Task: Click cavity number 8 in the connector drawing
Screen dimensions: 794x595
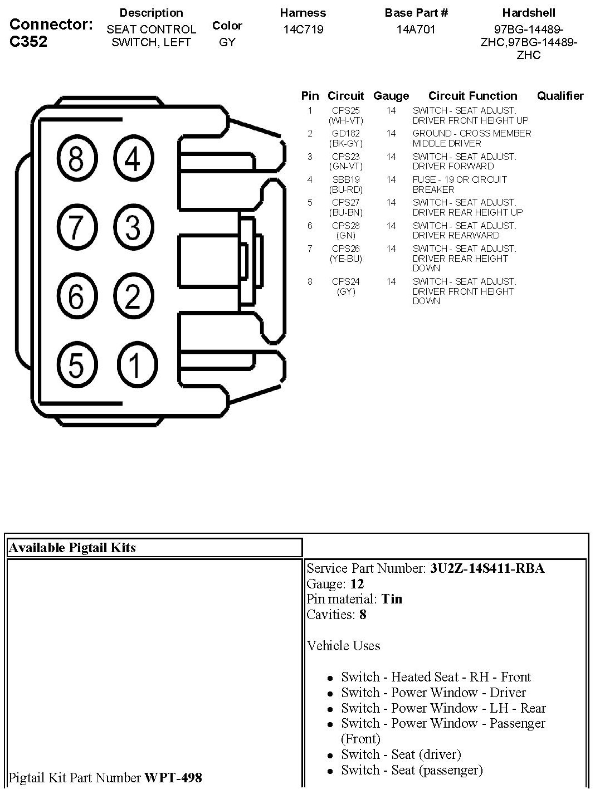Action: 76,159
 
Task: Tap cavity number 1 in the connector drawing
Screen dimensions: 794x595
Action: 135,365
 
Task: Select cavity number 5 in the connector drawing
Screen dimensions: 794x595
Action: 76,365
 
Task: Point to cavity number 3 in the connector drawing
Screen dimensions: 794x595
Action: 133,227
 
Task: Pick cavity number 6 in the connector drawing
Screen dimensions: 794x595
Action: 76,296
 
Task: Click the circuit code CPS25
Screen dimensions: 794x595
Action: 345,110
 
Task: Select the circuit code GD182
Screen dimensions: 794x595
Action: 345,134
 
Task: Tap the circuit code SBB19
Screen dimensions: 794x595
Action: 345,179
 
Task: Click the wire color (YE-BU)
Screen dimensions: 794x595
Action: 345,259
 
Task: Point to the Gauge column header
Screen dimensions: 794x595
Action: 391,96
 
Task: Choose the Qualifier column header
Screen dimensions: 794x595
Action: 560,96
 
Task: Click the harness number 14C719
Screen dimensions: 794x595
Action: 303,29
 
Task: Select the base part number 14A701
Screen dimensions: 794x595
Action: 416,29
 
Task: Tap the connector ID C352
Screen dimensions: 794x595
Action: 28,42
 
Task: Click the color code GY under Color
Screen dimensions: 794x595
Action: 227,42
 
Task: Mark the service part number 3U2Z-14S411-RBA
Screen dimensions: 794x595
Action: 487,568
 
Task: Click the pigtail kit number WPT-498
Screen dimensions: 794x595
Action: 173,777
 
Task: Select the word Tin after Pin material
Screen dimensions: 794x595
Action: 392,599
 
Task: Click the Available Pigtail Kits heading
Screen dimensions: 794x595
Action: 72,548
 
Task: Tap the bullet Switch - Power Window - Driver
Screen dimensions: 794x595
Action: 433,693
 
